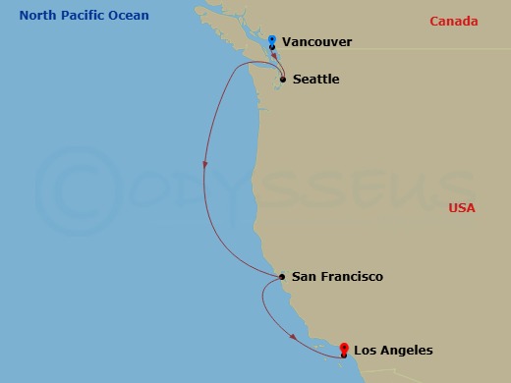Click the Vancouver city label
click(315, 42)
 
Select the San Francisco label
click(337, 277)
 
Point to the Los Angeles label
click(392, 351)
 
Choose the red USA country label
click(461, 208)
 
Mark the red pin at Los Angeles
click(343, 348)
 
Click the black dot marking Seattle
click(283, 80)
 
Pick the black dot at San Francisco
click(282, 277)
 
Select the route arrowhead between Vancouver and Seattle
click(274, 56)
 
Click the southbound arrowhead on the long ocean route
click(204, 165)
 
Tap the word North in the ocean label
click(31, 16)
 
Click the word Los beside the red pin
click(364, 351)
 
